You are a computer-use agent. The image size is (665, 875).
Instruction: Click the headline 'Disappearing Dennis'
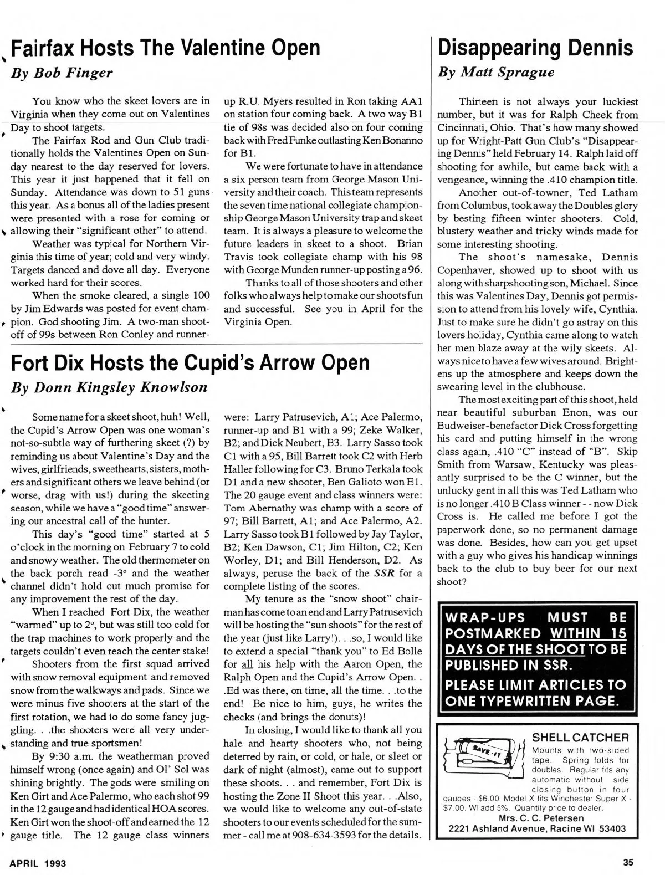535,48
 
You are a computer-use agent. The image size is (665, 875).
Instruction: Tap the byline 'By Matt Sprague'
495,73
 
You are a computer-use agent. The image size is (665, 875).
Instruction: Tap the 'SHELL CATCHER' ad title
580,738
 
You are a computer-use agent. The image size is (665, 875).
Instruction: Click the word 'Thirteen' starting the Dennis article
478,102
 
